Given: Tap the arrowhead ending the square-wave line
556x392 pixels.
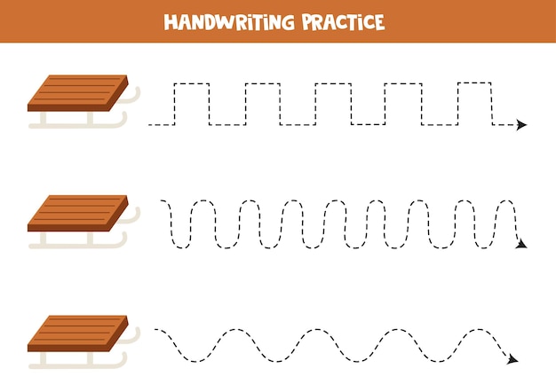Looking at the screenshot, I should point(521,125).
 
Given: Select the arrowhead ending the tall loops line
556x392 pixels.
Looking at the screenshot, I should point(521,243).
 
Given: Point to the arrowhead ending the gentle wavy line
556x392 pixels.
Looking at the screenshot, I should point(512,359).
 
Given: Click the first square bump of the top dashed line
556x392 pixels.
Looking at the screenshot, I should point(192,84).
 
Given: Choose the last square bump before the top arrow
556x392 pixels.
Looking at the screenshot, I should point(474,84).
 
